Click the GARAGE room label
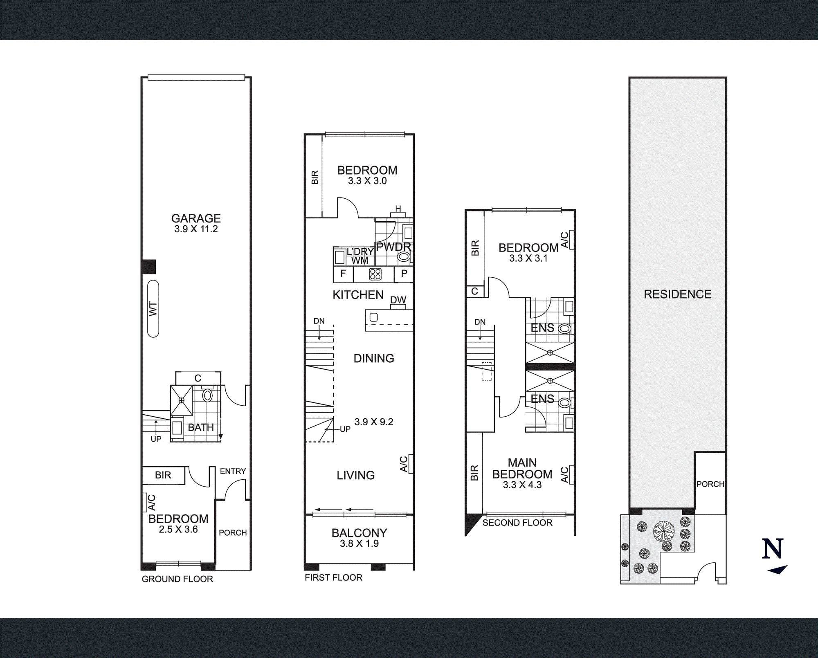196,218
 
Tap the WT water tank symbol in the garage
153,309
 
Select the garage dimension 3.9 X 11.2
196,229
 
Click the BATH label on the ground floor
201,427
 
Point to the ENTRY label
233,471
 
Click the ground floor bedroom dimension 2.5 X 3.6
178,529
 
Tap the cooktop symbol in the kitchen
375,274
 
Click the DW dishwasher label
398,300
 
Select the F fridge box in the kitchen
343,274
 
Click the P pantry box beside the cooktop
404,274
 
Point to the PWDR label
393,247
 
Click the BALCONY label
359,533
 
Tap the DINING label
374,358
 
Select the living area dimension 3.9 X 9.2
374,422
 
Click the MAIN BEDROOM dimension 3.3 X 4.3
522,485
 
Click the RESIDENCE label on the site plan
677,294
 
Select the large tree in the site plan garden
663,531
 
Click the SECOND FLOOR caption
517,523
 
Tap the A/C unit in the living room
411,464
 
